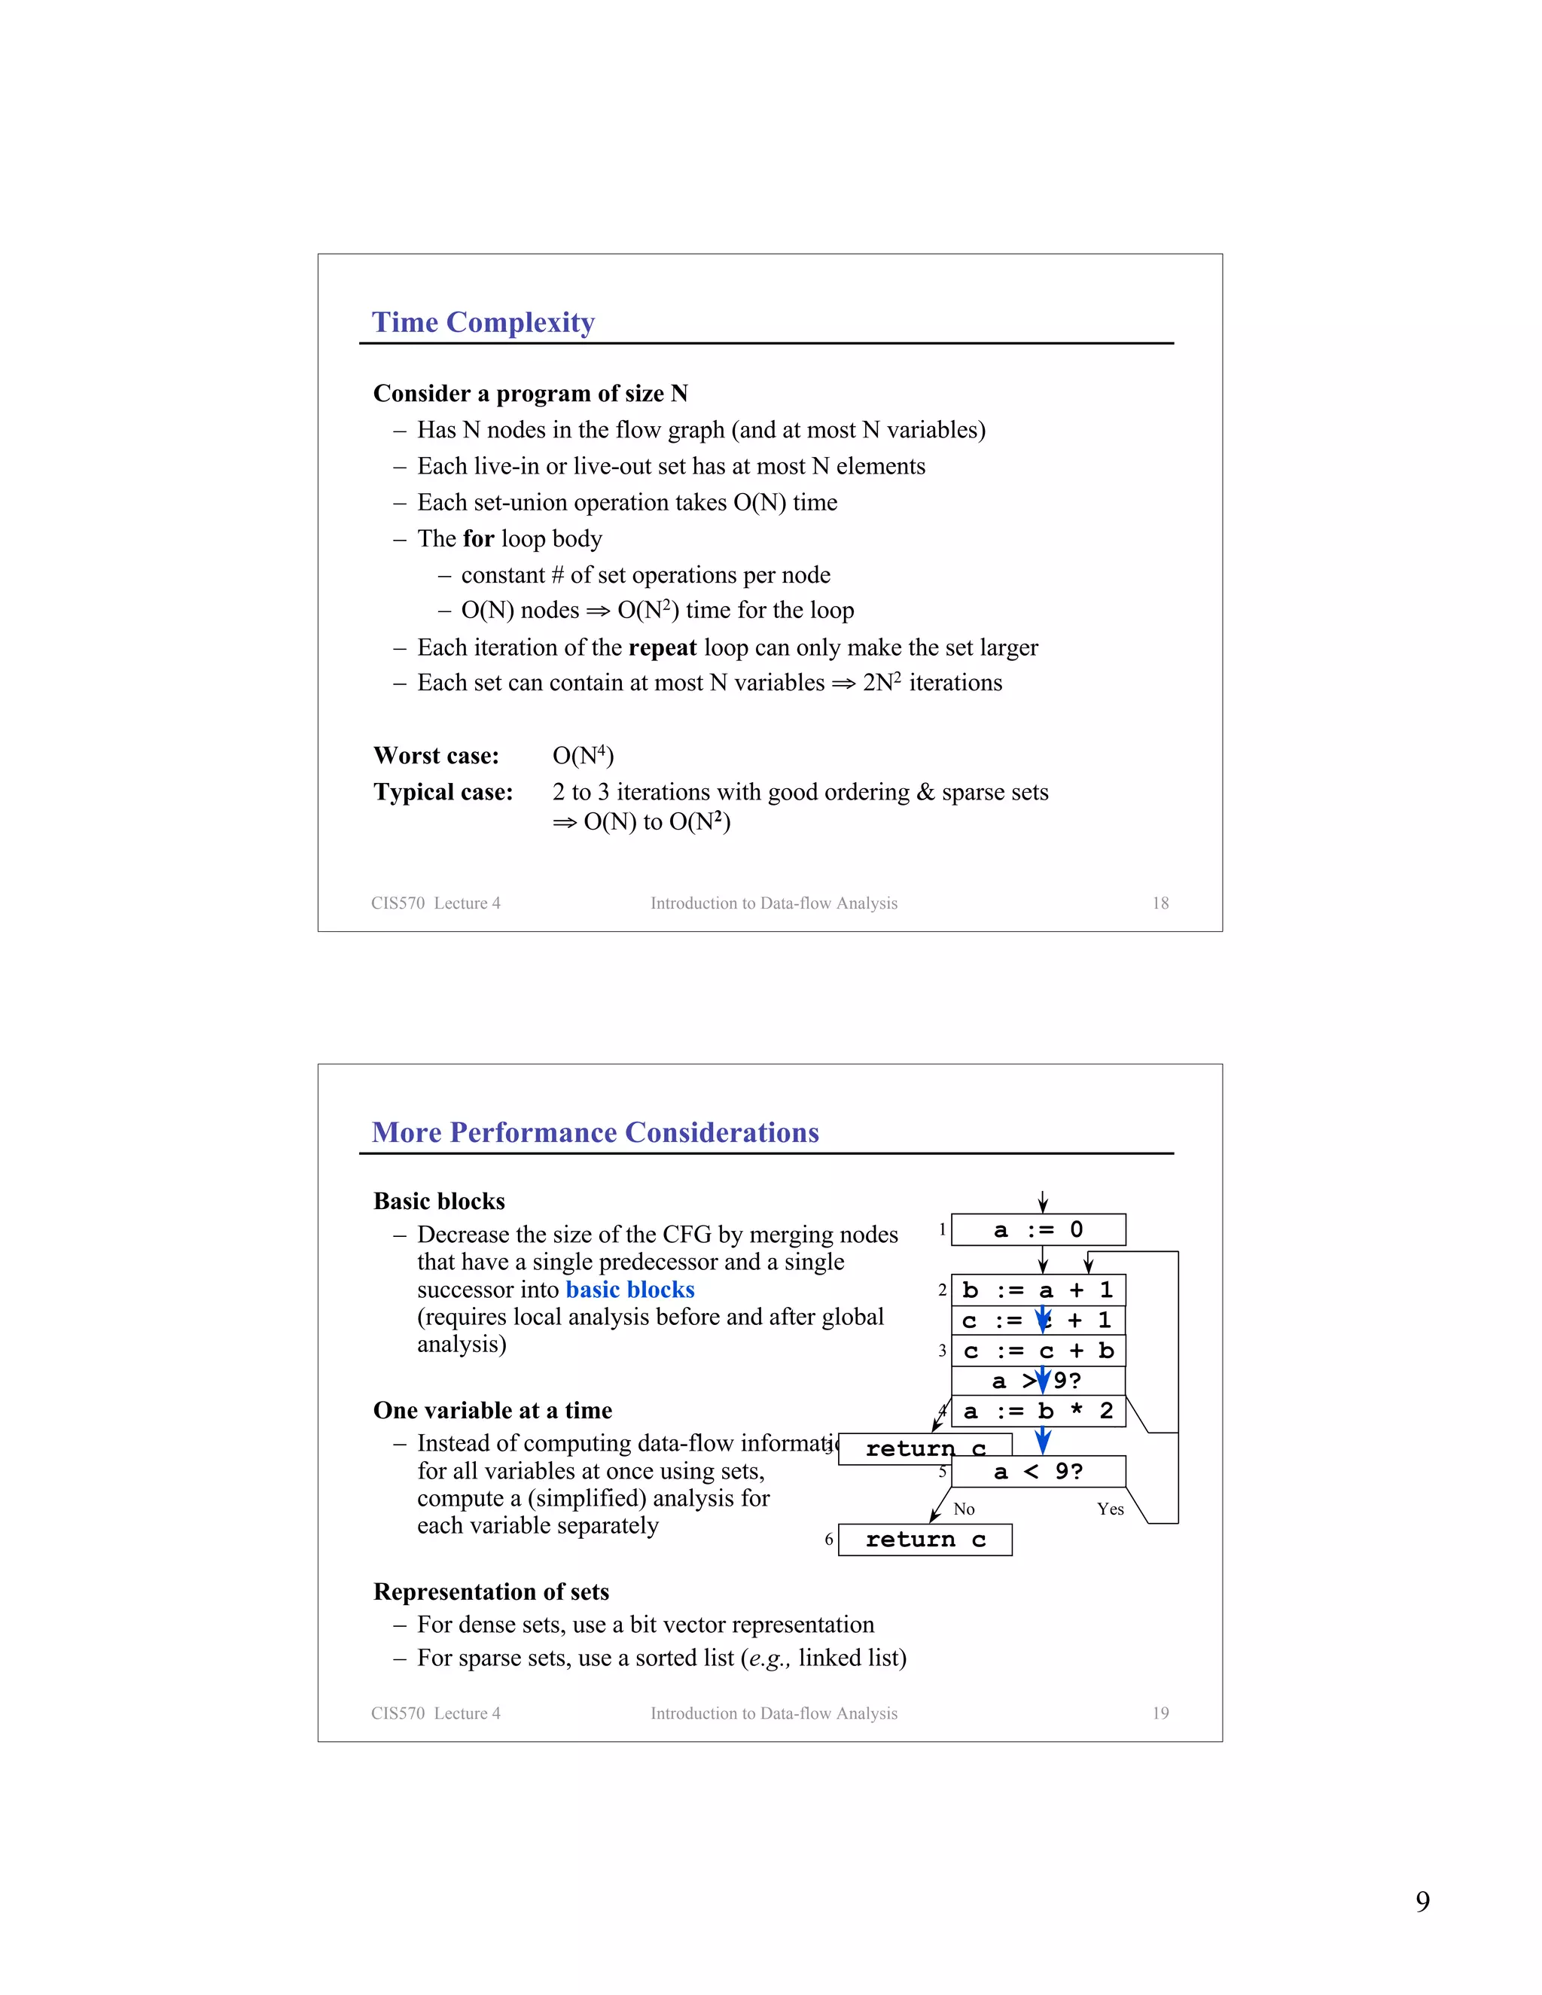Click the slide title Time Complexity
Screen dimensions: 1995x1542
tap(483, 322)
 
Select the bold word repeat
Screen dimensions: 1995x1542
tap(663, 647)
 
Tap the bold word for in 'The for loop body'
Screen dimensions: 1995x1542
tap(479, 539)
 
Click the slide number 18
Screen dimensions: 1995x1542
tap(1160, 903)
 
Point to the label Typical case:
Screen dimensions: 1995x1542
tap(443, 792)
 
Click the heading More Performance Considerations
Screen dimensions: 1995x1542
tap(595, 1133)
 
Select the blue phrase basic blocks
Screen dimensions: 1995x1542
tap(629, 1290)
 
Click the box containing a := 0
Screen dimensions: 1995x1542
tap(1038, 1229)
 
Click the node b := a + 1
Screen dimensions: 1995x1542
tap(1038, 1290)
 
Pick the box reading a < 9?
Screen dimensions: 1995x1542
tap(1038, 1472)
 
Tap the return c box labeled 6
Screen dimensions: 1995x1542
tap(925, 1540)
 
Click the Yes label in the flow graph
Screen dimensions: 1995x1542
tap(1110, 1509)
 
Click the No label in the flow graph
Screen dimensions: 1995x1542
tap(964, 1509)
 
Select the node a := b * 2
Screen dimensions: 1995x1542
tap(1038, 1412)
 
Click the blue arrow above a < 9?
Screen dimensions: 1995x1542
tap(1042, 1442)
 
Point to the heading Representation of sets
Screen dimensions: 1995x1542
tap(491, 1592)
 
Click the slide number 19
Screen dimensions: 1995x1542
tap(1160, 1713)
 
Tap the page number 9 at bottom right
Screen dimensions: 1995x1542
tap(1422, 1902)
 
